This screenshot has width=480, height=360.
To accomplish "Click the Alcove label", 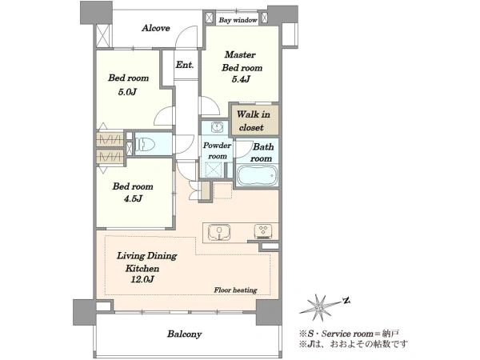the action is coord(156,28).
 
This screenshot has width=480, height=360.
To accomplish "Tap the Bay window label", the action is coord(238,20).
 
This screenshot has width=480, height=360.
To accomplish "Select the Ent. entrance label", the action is coord(185,65).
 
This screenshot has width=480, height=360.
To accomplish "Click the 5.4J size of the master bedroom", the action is coord(241,79).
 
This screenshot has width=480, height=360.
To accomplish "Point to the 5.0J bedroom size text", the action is coord(127,91).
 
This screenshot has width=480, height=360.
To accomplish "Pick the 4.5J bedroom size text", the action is coord(133,198).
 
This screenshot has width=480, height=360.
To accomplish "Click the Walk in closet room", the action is coord(254,120).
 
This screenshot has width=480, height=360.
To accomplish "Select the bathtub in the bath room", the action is coord(258,176).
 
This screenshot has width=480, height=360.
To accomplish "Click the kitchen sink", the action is coord(219,232).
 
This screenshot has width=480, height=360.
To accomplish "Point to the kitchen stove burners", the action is coord(263,231).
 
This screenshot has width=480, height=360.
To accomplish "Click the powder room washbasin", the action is coord(218,126).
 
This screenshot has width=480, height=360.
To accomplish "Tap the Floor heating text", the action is coord(235,290).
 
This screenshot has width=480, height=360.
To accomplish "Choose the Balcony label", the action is coord(184,334).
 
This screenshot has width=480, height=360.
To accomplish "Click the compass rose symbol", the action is coord(320,307).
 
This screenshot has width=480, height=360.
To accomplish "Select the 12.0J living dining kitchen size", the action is coord(142,279).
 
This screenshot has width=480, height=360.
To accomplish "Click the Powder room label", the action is coord(217,150).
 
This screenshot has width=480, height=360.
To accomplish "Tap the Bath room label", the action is coord(262,153).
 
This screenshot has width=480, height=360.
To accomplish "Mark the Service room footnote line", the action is coord(349,333).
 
